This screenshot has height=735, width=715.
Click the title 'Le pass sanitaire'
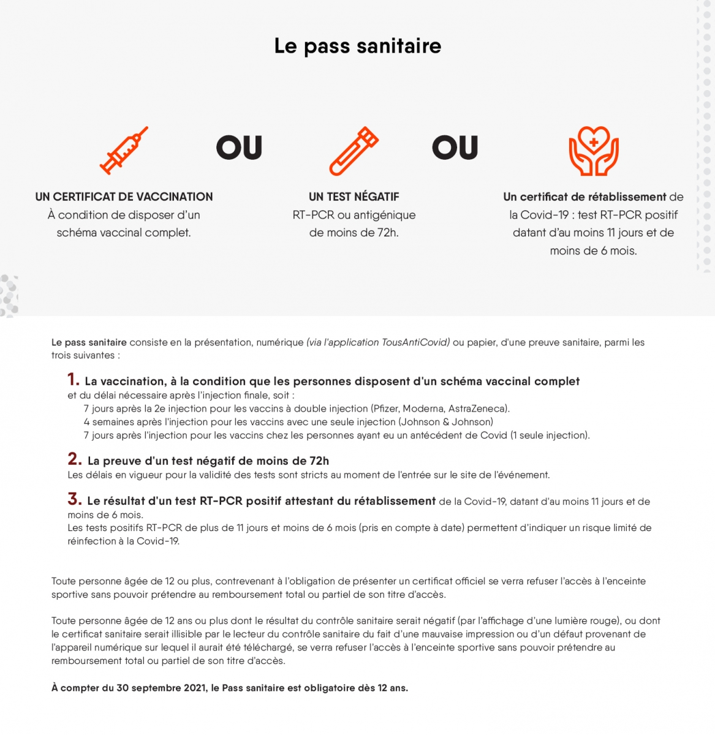click(x=357, y=47)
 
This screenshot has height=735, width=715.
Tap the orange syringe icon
click(x=124, y=150)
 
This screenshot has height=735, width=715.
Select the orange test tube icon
click(x=354, y=151)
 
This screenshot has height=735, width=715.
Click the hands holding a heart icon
click(x=593, y=151)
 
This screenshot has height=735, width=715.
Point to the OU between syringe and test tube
click(x=239, y=148)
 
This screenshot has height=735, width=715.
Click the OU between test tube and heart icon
click(x=455, y=148)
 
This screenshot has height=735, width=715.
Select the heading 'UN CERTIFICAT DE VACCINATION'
click(x=124, y=197)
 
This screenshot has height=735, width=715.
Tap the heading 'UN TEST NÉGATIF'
click(x=354, y=197)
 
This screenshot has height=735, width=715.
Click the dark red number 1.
click(x=74, y=380)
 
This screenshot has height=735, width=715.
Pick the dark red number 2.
click(x=75, y=459)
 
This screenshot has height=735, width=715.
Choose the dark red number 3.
click(x=75, y=499)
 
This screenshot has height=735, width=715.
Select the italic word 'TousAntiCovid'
click(x=415, y=342)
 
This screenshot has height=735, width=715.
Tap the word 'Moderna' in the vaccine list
click(x=423, y=409)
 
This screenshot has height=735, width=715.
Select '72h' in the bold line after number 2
click(x=319, y=461)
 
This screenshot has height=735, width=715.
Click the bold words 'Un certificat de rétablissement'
click(x=584, y=197)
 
